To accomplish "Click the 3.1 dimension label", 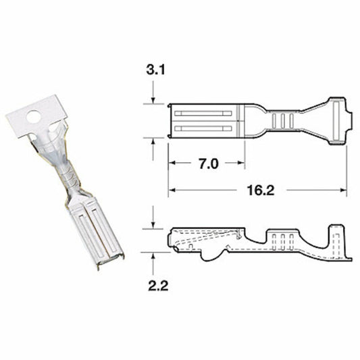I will pyautogui.click(x=154, y=70).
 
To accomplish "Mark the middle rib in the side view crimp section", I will pyautogui.click(x=282, y=238).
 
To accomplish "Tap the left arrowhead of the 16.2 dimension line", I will pyautogui.click(x=172, y=190).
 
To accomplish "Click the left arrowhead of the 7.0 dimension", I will pyautogui.click(x=172, y=164).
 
